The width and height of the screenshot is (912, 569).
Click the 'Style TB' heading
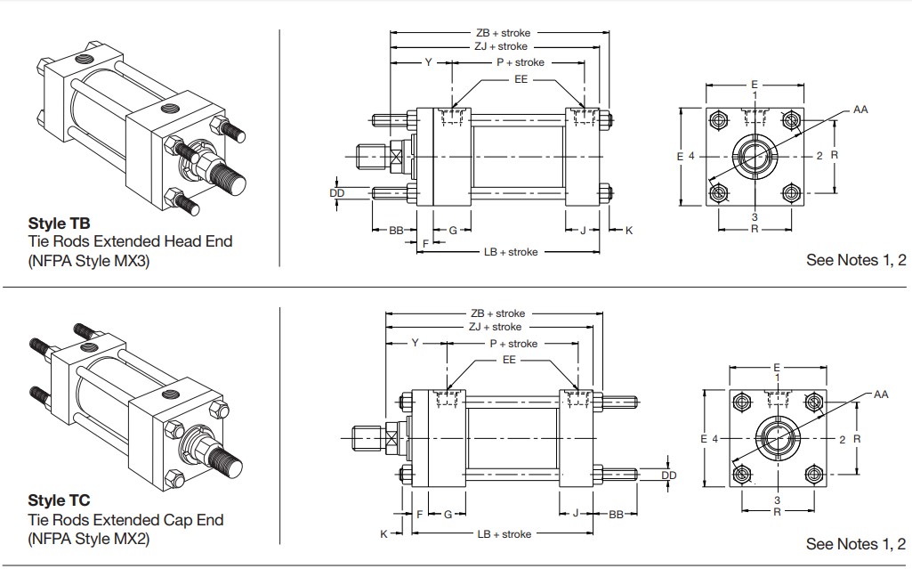[59, 224]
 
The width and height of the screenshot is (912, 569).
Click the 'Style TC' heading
[59, 501]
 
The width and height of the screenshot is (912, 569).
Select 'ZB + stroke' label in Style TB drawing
[503, 33]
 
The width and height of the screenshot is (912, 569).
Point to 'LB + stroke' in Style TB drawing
[511, 252]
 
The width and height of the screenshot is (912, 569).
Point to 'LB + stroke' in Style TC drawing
[504, 534]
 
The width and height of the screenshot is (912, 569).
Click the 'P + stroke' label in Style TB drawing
[520, 62]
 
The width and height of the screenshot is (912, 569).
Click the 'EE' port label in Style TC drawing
[509, 361]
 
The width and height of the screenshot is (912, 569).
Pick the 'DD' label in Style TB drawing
[337, 192]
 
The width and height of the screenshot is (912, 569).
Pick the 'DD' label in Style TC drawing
[669, 476]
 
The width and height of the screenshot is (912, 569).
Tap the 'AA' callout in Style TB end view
[860, 110]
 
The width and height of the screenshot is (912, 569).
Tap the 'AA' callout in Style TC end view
[881, 394]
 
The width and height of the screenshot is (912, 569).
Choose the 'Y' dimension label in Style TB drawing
[428, 62]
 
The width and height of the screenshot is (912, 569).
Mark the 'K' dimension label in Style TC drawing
[383, 534]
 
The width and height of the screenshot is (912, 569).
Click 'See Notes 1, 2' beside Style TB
[856, 261]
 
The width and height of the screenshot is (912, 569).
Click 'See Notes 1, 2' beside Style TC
[856, 544]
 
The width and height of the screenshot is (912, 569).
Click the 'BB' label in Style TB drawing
[397, 231]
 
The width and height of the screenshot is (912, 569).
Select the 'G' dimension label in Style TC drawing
[448, 514]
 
